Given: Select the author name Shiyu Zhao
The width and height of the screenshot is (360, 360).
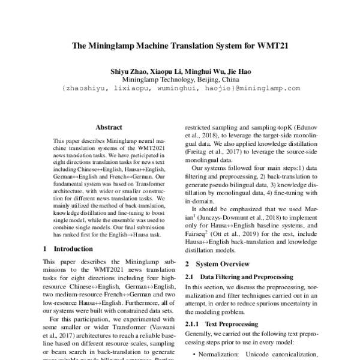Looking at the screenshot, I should click(128, 71).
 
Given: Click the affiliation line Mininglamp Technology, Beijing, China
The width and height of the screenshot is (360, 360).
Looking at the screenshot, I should click(180, 79).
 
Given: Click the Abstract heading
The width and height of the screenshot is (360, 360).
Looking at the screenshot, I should click(109, 127).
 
